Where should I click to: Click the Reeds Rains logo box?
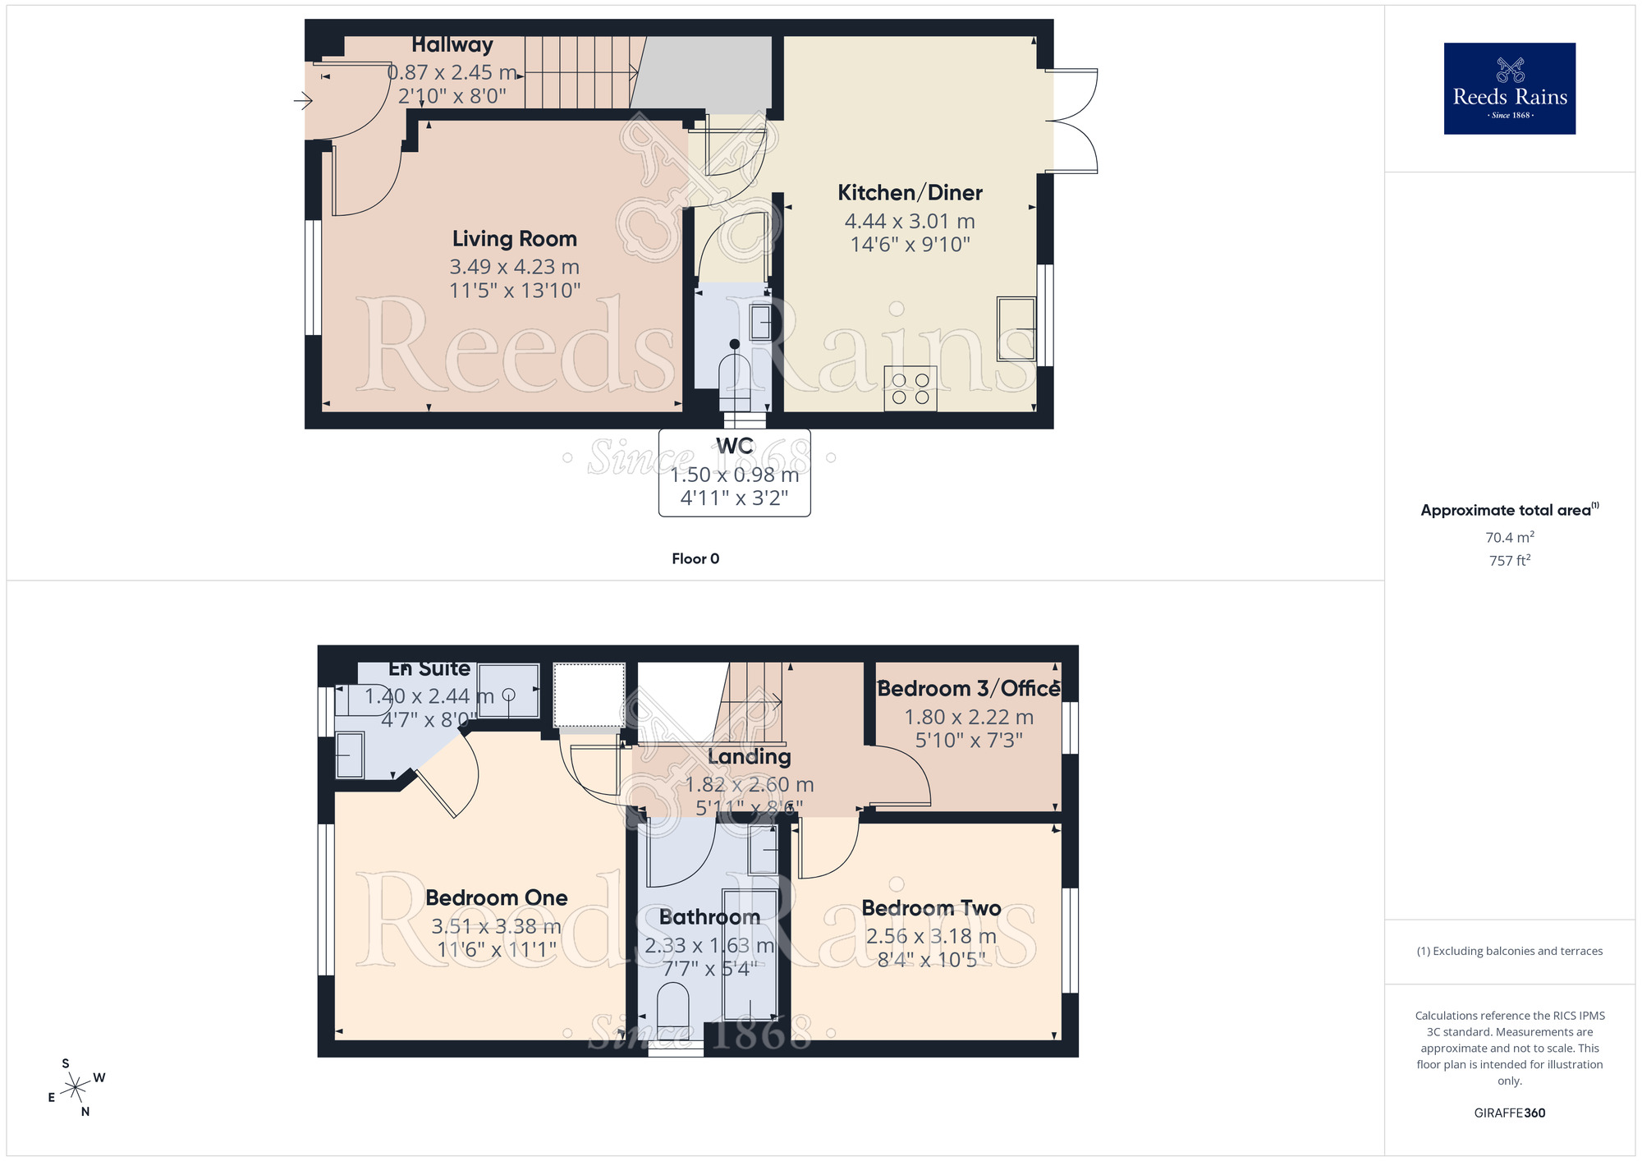[x=1509, y=89]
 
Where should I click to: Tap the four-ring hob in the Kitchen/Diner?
[x=910, y=388]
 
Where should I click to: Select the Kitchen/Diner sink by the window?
[x=1016, y=328]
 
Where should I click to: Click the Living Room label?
[x=515, y=239]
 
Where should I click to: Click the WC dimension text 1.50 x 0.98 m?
[x=734, y=475]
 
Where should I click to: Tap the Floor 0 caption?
[x=695, y=558]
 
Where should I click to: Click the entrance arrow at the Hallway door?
[x=303, y=101]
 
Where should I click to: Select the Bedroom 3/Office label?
[x=969, y=689]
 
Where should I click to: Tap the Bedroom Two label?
[x=931, y=908]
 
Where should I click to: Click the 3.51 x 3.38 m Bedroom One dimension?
[x=496, y=926]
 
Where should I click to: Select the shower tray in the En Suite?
[x=508, y=691]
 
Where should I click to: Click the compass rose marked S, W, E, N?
[x=76, y=1088]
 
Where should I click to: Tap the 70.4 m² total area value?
[x=1509, y=537]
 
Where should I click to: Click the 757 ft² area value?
[x=1509, y=560]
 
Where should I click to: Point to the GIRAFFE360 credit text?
[x=1509, y=1113]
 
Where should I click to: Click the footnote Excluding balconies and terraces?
[x=1509, y=951]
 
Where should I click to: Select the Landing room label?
[x=749, y=756]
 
